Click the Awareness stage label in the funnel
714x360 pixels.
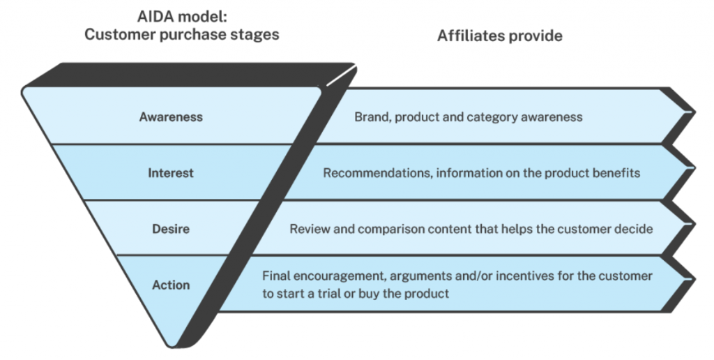171,117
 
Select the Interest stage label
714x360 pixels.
171,173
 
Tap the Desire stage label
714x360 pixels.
171,228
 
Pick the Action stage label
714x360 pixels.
171,285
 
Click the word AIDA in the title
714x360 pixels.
157,17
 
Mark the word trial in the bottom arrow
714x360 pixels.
330,293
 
